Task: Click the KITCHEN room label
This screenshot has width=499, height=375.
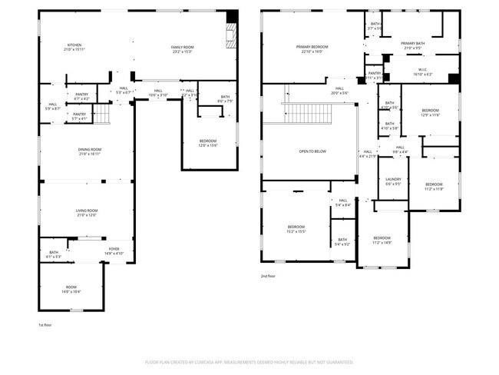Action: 74,47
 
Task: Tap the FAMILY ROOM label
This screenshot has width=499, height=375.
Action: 182,49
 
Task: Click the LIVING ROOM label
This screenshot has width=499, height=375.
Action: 86,213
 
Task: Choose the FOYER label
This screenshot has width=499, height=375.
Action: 114,251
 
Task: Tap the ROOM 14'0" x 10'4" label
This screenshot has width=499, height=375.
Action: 71,289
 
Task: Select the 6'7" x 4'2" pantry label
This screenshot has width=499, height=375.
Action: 81,97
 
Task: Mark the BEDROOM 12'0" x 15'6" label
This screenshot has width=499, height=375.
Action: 208,143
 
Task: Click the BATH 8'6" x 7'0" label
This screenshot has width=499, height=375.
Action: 203,98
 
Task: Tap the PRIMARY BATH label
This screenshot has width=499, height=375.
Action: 412,45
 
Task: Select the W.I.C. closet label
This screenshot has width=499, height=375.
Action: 422,73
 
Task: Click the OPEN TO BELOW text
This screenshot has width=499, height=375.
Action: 312,151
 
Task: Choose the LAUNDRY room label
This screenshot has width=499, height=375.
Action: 393,181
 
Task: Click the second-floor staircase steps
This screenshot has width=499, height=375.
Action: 308,113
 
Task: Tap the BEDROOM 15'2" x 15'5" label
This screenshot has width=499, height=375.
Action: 296,228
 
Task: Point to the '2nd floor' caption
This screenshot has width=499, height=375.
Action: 269,276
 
